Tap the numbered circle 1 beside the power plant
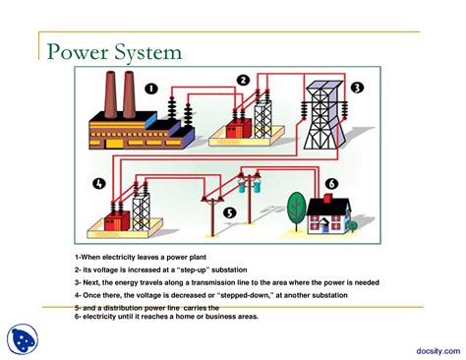[x=150, y=89]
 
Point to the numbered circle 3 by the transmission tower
[x=357, y=88]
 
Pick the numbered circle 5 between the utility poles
[x=229, y=210]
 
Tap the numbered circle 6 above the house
[x=331, y=183]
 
